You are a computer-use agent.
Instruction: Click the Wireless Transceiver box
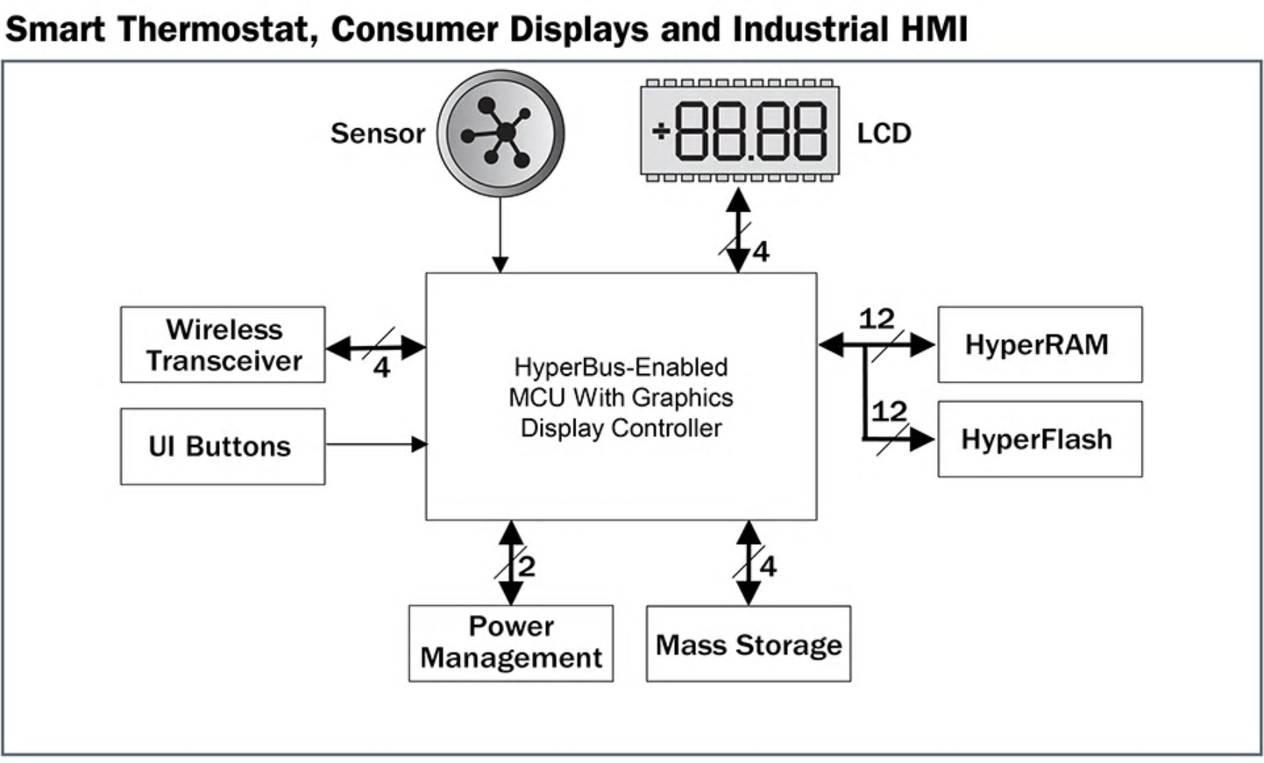(x=223, y=345)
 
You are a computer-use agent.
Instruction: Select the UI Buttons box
(x=223, y=447)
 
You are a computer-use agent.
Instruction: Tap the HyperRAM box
(x=1040, y=345)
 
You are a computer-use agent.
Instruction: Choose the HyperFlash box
(x=1040, y=440)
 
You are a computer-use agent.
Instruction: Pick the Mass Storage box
(x=749, y=644)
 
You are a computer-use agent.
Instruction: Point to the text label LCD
(x=884, y=134)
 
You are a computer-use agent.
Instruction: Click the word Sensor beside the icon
(x=377, y=134)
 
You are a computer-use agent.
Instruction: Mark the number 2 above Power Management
(x=527, y=567)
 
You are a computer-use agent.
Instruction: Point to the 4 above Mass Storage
(x=768, y=567)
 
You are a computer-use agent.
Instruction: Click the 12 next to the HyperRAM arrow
(x=877, y=319)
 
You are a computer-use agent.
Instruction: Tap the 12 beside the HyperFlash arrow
(x=889, y=411)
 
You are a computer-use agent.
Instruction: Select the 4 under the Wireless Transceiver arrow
(x=381, y=368)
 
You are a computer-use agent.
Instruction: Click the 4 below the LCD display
(x=760, y=252)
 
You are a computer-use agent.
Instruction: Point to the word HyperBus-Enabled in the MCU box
(x=621, y=367)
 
